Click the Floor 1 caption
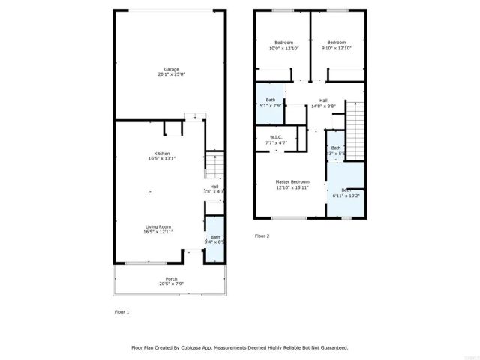[x=121, y=311]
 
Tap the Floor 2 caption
[x=262, y=235]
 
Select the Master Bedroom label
[x=292, y=181]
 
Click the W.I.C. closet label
[x=276, y=136]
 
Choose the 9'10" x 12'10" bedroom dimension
[x=336, y=48]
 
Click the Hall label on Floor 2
[x=323, y=100]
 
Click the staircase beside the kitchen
[x=214, y=164]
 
